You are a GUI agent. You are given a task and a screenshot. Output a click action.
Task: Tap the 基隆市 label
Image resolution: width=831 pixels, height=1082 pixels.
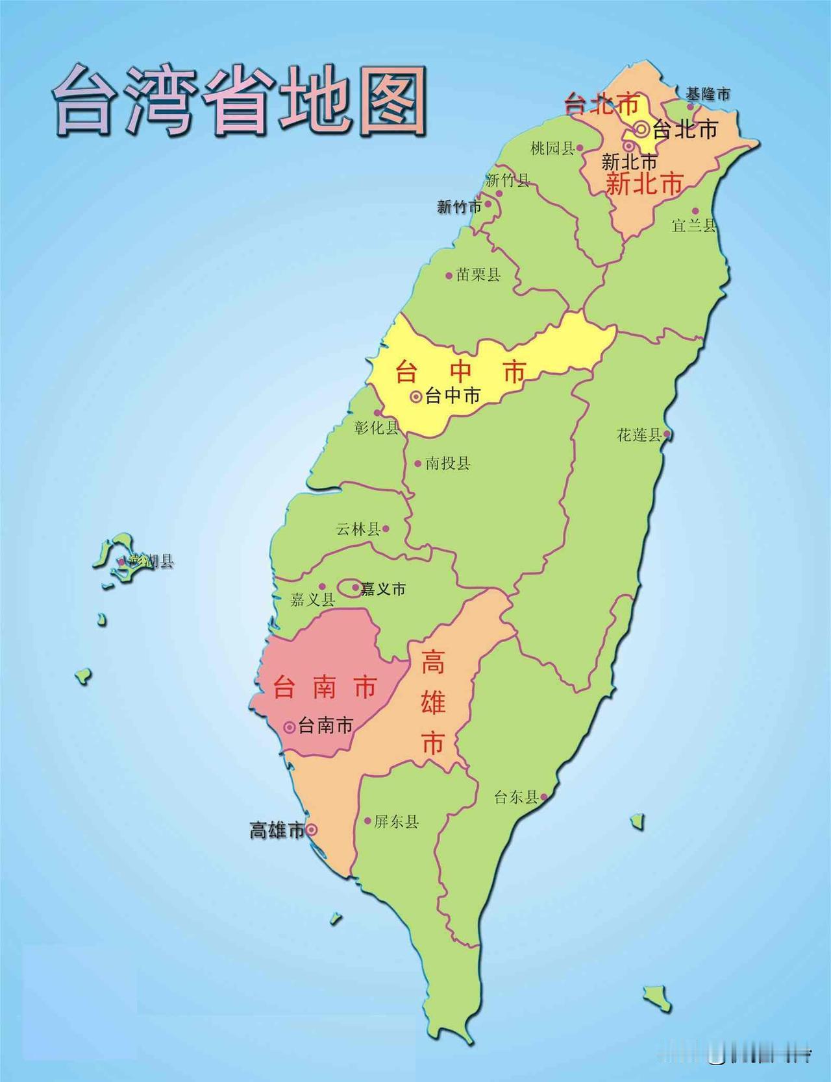click(708, 94)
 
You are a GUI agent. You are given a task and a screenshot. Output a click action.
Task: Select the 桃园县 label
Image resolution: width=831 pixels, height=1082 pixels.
click(552, 149)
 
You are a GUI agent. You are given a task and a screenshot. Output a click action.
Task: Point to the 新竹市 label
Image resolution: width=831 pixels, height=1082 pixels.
click(460, 207)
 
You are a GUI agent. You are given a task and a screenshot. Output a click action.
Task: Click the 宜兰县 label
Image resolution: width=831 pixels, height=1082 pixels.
click(693, 225)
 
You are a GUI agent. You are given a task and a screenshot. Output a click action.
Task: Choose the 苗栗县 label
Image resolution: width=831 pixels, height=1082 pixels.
click(478, 275)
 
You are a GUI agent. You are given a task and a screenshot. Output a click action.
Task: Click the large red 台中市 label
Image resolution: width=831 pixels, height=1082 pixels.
click(460, 372)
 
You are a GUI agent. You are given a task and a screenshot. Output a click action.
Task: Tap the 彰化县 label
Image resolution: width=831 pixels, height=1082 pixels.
click(377, 427)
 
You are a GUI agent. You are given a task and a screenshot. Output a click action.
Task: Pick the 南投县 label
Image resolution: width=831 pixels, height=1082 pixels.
click(448, 463)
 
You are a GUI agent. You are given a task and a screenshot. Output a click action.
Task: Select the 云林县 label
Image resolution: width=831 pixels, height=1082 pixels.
click(358, 529)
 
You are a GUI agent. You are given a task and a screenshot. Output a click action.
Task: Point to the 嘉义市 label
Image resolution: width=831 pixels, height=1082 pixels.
click(383, 588)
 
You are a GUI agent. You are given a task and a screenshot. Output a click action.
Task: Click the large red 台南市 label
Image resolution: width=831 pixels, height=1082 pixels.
click(325, 687)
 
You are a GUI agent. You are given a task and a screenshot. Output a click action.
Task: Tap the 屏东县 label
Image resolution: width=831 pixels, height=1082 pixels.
click(396, 822)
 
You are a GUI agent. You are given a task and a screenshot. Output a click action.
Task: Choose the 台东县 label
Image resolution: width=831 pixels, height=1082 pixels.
click(516, 797)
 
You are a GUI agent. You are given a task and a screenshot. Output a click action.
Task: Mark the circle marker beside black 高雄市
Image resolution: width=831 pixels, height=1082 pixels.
click(312, 829)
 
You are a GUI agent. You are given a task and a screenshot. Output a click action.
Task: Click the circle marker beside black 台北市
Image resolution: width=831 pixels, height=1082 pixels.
click(642, 129)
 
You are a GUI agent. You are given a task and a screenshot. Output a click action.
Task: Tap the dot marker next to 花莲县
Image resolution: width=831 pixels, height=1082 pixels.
click(667, 435)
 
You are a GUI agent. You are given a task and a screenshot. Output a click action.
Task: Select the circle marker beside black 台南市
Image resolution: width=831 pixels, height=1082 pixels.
click(290, 727)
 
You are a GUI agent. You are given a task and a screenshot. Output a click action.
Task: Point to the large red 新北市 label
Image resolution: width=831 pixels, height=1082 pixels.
click(644, 184)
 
